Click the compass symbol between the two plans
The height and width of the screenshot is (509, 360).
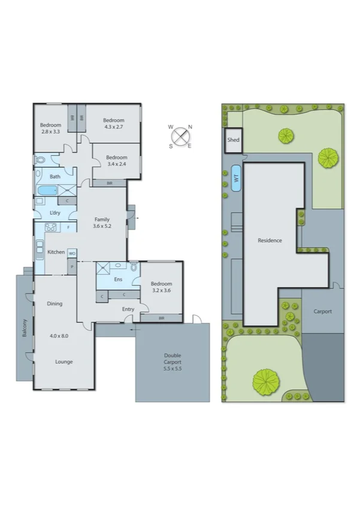180,135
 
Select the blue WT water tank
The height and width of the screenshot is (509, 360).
236,179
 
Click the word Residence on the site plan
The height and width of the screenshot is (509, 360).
270,240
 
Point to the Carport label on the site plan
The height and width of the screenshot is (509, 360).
322,312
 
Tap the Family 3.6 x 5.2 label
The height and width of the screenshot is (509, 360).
102,222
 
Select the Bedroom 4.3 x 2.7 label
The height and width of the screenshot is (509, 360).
113,123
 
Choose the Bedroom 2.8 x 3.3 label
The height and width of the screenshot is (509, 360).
52,128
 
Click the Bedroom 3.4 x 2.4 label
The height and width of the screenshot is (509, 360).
117,160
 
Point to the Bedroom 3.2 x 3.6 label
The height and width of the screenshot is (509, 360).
161,287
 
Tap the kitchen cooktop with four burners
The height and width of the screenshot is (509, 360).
50,227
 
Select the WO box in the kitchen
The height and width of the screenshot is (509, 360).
72,253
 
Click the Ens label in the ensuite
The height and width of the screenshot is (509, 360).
118,280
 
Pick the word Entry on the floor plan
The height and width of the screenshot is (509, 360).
128,309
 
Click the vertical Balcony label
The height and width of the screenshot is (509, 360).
25,327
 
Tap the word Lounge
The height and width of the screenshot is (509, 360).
64,362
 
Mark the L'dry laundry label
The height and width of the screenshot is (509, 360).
55,213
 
